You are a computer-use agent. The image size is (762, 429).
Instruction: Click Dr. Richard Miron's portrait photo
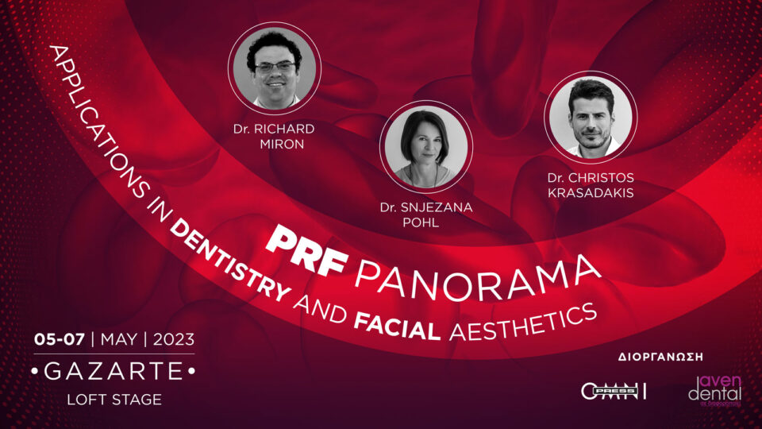(x=275, y=67)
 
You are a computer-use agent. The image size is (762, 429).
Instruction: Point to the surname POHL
(x=426, y=222)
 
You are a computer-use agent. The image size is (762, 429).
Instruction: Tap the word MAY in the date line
(x=119, y=339)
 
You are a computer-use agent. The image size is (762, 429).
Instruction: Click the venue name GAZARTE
(x=114, y=370)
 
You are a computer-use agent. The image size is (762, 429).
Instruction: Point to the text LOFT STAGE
(x=114, y=400)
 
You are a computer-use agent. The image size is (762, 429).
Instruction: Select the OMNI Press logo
(x=614, y=391)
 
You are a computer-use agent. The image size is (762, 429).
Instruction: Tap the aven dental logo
(x=714, y=390)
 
